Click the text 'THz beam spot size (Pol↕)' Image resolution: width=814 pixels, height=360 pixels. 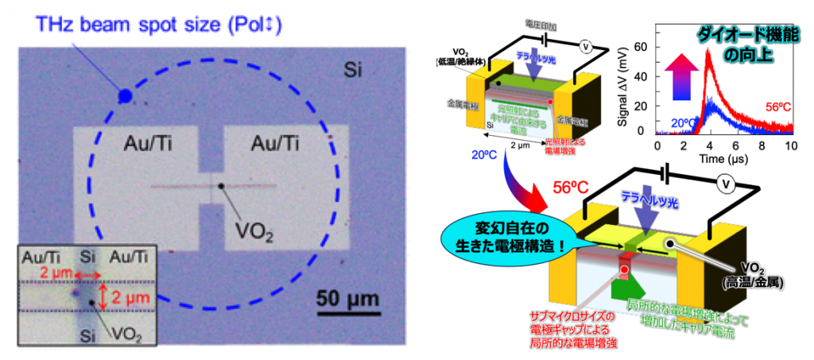pyautogui.click(x=159, y=25)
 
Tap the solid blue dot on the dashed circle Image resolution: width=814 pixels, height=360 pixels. pyautogui.click(x=125, y=96)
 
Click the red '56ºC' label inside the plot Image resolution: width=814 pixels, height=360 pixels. pyautogui.click(x=777, y=106)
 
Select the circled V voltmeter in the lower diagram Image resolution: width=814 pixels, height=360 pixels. pyautogui.click(x=725, y=184)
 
